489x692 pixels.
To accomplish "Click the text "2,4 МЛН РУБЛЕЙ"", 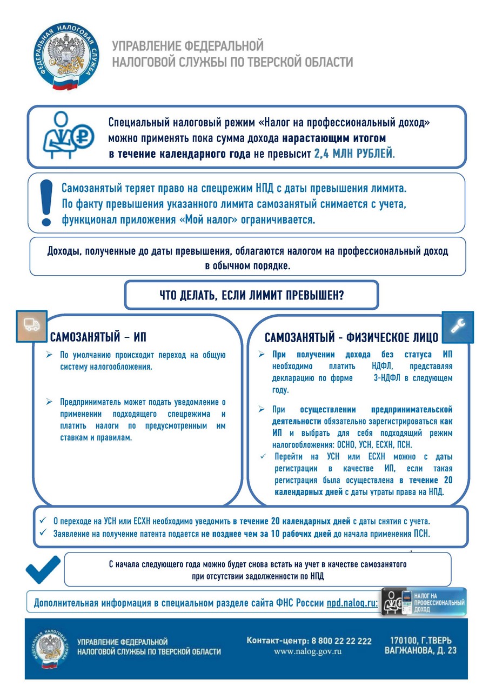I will [354, 153].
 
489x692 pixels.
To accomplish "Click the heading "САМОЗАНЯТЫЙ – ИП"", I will [98, 338].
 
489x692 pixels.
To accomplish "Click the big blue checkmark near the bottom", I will [43, 568].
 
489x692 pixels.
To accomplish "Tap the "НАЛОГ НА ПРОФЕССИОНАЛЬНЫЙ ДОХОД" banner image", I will [424, 601].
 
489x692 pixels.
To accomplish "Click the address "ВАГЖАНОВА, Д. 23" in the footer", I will [420, 650].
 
